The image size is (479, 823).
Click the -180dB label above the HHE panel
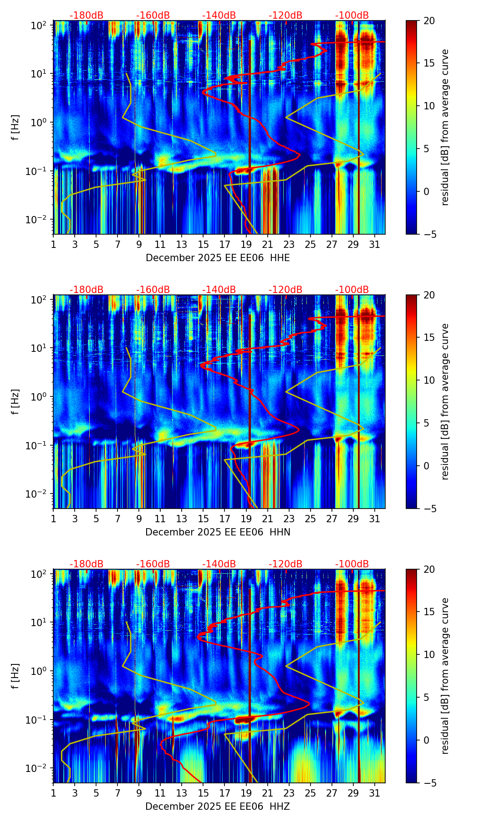click(x=87, y=15)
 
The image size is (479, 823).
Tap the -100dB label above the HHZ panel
click(x=352, y=564)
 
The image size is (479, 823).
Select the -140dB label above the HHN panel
click(x=219, y=290)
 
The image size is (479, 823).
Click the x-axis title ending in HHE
click(x=218, y=258)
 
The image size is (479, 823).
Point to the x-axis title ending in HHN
click(x=218, y=532)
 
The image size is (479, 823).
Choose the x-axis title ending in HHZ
click(x=218, y=807)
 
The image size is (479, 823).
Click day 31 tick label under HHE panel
click(x=375, y=245)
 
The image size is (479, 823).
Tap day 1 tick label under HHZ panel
click(x=54, y=793)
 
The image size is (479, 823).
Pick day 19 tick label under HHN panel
click(x=246, y=519)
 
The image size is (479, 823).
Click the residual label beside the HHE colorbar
click(x=445, y=127)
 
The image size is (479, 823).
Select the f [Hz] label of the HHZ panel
click(x=15, y=676)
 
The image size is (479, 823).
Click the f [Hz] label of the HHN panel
click(x=15, y=401)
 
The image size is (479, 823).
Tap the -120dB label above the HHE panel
click(x=285, y=15)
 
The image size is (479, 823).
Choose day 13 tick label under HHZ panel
click(x=182, y=793)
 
